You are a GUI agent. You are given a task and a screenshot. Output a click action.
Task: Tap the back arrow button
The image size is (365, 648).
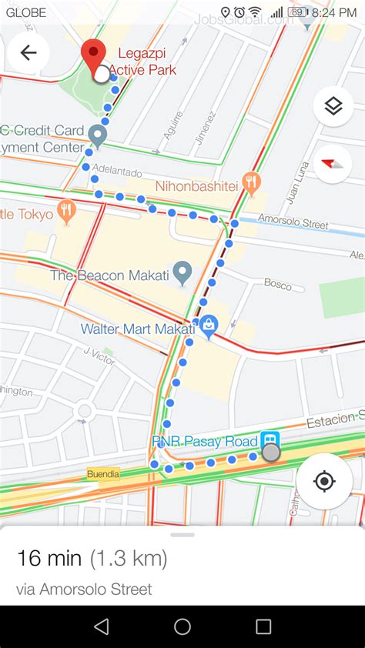point(28,53)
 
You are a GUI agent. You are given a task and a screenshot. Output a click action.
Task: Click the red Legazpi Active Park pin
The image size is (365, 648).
point(94,53)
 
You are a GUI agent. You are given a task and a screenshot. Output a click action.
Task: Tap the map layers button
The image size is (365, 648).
point(333,106)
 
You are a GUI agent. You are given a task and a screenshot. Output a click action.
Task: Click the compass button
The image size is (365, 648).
point(333,163)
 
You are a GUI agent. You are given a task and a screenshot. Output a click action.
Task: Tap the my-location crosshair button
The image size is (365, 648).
point(324,482)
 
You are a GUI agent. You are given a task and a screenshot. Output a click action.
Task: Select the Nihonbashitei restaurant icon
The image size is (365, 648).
point(251,183)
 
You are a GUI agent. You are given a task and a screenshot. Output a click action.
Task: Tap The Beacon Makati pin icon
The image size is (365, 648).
point(182,272)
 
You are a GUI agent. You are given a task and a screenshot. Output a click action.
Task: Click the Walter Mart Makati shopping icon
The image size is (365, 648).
point(208,326)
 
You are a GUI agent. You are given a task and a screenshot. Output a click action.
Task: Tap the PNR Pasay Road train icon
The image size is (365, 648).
point(270,440)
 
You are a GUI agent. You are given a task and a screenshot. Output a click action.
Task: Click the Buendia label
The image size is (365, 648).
point(103,474)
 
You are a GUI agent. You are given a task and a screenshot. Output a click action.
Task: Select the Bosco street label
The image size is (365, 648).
point(278,285)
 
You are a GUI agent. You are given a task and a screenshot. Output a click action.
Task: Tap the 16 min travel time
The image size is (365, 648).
point(49,558)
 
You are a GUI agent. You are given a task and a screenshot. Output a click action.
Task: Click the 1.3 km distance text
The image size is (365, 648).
point(128,558)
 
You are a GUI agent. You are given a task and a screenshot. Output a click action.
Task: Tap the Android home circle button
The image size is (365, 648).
point(182,626)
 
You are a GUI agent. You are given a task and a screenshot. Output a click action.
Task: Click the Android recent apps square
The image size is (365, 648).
point(263,626)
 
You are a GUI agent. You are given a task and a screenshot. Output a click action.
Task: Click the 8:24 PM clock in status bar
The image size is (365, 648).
point(334,12)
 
